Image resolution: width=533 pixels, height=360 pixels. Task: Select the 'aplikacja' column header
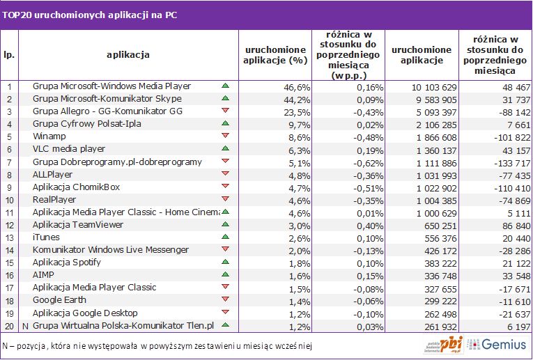point(128,54)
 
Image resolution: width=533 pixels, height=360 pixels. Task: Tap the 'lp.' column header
point(9,54)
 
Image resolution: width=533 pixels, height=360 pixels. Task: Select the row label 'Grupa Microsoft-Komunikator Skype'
point(107,99)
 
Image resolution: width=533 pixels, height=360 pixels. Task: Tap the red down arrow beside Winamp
point(224,136)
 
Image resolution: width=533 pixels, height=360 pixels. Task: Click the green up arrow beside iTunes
point(224,237)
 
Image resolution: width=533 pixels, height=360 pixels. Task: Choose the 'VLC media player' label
point(69,149)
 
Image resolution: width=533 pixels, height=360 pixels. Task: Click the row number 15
point(9,263)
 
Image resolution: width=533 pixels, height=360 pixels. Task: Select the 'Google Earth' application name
point(60,300)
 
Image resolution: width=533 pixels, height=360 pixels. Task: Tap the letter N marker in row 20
point(24,325)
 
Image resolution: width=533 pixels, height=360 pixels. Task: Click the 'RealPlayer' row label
point(55,200)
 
